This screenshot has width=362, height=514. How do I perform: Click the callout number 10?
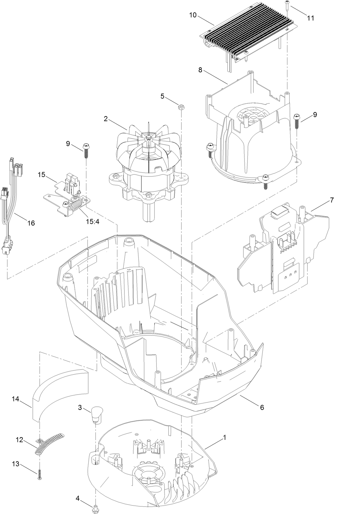pyautogui.click(x=193, y=15)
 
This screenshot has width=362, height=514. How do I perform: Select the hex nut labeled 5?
pyautogui.click(x=181, y=107)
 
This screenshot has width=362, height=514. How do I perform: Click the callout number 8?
pyautogui.click(x=200, y=70)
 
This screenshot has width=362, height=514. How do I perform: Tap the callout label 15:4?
pyautogui.click(x=92, y=221)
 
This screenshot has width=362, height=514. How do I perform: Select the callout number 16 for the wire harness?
pyautogui.click(x=31, y=223)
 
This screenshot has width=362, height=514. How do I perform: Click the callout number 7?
pyautogui.click(x=332, y=200)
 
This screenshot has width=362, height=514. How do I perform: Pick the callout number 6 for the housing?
pyautogui.click(x=262, y=407)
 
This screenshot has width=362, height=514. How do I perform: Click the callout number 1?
pyautogui.click(x=224, y=437)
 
